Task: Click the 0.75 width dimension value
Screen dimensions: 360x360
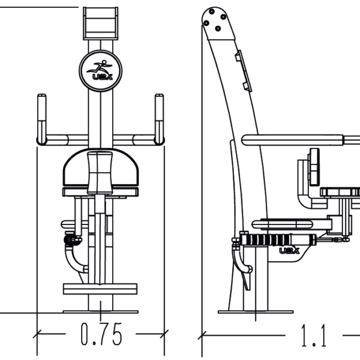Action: (x=101, y=335)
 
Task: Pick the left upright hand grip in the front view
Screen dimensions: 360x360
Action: (x=41, y=117)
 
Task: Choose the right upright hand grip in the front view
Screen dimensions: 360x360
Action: (x=159, y=117)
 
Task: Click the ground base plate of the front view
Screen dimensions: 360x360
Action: (x=100, y=312)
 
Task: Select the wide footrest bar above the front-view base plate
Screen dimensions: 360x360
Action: (x=100, y=289)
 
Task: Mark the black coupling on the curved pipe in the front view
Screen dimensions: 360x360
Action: (x=73, y=240)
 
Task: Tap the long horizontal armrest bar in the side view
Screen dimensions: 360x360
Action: (x=300, y=140)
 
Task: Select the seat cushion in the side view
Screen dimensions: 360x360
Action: (x=282, y=224)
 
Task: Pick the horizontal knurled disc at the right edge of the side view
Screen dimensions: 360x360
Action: (x=341, y=192)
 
